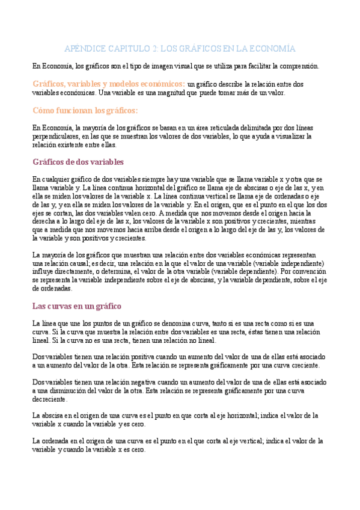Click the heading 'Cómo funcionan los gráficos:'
[x=85, y=111]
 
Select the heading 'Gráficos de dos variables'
[x=78, y=162]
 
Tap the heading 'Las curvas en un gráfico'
[x=76, y=306]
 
